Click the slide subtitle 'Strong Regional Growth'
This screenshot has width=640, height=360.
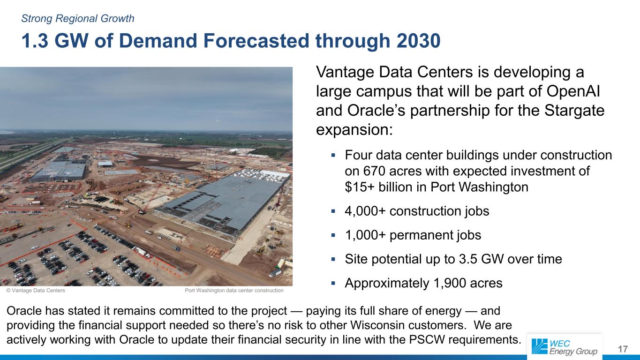tap(78, 19)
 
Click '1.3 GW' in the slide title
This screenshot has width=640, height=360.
tap(55, 41)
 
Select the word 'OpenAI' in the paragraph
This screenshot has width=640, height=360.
tap(573, 91)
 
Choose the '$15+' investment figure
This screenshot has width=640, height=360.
tap(360, 187)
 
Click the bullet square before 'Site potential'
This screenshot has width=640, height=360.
tap(333, 259)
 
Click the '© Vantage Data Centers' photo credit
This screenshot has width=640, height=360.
tap(36, 291)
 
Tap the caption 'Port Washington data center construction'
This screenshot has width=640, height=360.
tap(234, 291)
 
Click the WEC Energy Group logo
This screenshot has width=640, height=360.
tap(565, 347)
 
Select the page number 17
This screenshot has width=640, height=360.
tap(623, 349)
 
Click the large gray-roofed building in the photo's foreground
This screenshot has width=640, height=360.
tap(223, 203)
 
